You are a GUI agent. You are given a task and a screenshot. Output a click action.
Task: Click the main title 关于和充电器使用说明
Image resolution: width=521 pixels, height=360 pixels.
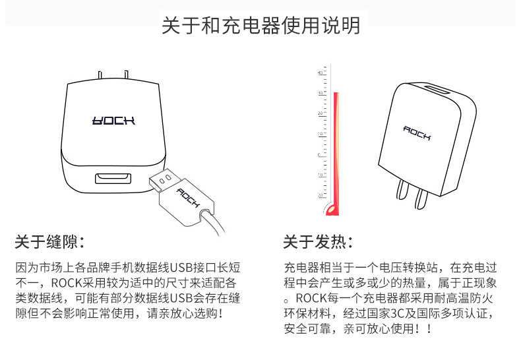click(x=260, y=26)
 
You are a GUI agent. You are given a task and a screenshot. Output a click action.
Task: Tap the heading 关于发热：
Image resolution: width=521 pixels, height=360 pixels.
click(x=317, y=241)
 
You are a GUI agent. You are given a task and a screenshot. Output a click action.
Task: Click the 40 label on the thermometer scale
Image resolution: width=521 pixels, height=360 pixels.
click(x=320, y=73)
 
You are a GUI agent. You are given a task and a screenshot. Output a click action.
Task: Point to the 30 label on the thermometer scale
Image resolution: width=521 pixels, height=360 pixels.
click(x=320, y=93)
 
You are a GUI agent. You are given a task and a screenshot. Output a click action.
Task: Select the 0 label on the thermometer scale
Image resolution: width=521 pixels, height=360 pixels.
click(x=320, y=155)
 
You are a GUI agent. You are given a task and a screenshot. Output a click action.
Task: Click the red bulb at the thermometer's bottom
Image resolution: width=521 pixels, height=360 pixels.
click(x=332, y=210)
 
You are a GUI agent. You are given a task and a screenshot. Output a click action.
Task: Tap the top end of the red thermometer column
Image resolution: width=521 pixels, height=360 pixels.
click(x=336, y=94)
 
